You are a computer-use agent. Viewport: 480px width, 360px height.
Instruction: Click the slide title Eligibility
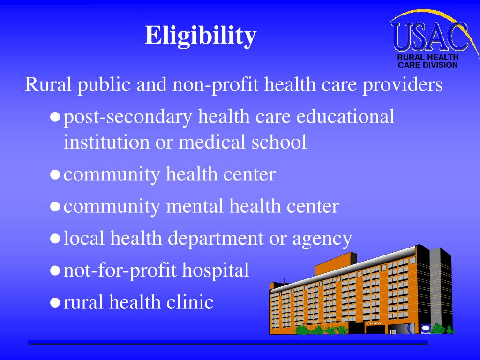tap(201, 36)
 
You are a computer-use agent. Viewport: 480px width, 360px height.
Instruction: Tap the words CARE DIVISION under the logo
tap(427, 65)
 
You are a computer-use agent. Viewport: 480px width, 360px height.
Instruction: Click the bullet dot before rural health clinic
tap(55, 303)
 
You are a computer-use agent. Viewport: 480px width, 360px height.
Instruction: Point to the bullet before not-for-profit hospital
tap(55, 271)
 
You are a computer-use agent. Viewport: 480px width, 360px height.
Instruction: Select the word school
tap(280, 142)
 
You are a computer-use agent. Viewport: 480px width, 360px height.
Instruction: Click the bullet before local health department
tap(55, 239)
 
